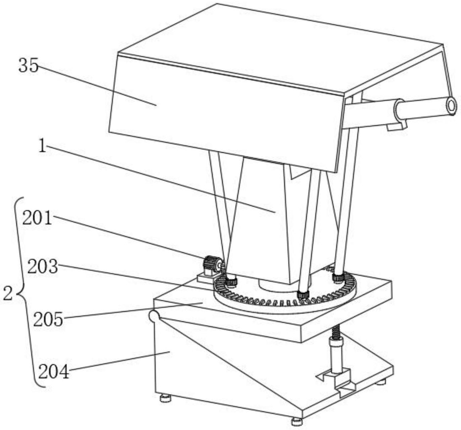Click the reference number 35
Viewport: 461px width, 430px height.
pyautogui.click(x=28, y=66)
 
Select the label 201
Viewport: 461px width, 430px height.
pyautogui.click(x=37, y=219)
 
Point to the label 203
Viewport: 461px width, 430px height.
pyautogui.click(x=42, y=268)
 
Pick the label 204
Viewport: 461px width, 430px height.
pyautogui.click(x=54, y=372)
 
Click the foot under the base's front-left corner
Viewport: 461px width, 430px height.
pyautogui.click(x=165, y=398)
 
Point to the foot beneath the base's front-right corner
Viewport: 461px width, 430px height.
pyautogui.click(x=296, y=421)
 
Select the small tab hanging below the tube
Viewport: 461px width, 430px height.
pyautogui.click(x=397, y=126)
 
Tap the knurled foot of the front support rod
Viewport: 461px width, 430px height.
pyautogui.click(x=303, y=294)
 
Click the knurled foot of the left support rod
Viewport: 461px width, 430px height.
pyautogui.click(x=231, y=281)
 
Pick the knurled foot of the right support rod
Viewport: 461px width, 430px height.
pyautogui.click(x=338, y=277)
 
